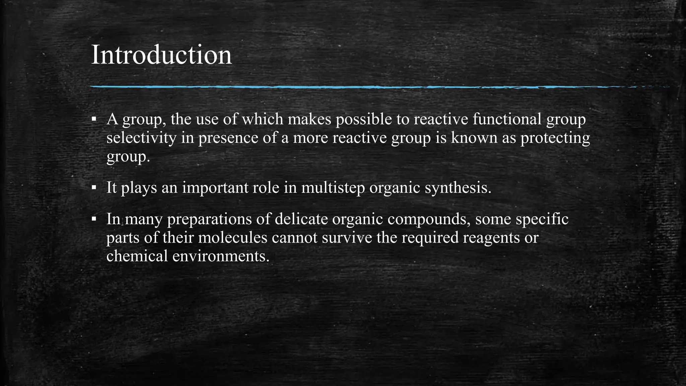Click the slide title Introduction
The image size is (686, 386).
pyautogui.click(x=161, y=55)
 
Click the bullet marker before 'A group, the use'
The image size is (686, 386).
pyautogui.click(x=94, y=119)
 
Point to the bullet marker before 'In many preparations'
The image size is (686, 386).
pyautogui.click(x=94, y=219)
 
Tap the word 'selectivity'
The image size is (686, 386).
pyautogui.click(x=141, y=138)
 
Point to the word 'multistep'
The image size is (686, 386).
pyautogui.click(x=333, y=187)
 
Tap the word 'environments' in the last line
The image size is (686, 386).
pyautogui.click(x=221, y=256)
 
